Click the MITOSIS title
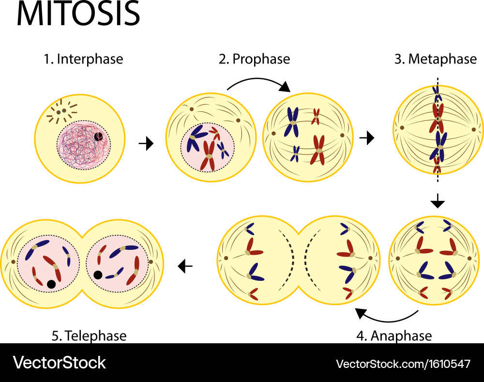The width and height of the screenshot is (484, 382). click(x=78, y=15)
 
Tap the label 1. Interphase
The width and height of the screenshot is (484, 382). click(x=83, y=60)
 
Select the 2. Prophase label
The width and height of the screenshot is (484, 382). click(x=254, y=60)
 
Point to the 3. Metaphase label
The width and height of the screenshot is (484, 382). click(x=436, y=60)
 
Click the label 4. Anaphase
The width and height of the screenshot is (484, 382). click(x=394, y=336)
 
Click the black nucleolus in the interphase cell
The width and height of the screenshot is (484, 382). click(x=98, y=137)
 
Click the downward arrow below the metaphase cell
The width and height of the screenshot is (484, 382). click(x=438, y=201)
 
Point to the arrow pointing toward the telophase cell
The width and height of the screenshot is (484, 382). click(x=185, y=265)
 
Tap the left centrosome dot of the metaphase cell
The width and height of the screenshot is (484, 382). click(x=402, y=128)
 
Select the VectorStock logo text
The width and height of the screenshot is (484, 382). click(x=59, y=363)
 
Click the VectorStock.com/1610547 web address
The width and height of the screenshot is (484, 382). click(x=403, y=364)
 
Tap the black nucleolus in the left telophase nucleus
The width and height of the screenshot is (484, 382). click(x=51, y=284)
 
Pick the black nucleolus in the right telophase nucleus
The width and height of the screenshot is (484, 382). click(x=98, y=275)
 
